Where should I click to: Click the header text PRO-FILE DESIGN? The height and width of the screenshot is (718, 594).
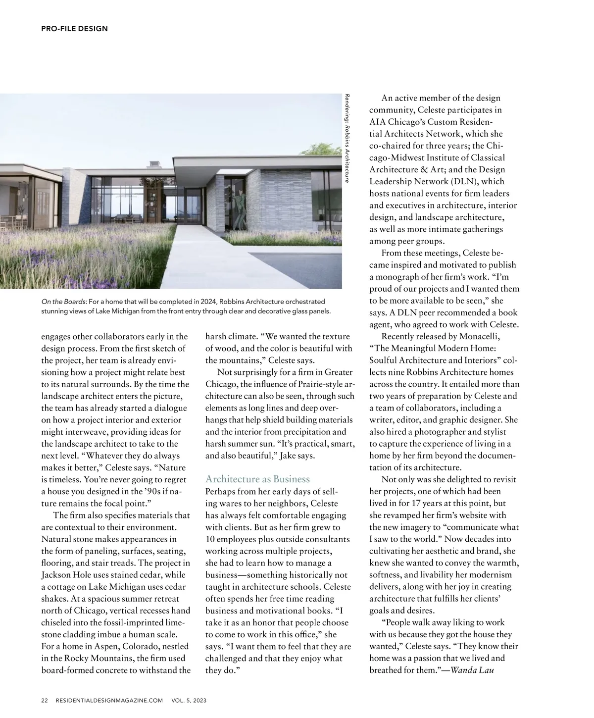coord(74,29)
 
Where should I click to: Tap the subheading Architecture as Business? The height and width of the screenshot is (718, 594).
coord(257,479)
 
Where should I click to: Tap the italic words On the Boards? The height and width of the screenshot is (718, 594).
coord(64,302)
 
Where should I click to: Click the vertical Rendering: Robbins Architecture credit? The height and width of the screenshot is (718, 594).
coord(347,139)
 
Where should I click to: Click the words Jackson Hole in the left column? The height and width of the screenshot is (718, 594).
coord(64,575)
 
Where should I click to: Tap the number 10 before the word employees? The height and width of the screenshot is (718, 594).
coord(210,539)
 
